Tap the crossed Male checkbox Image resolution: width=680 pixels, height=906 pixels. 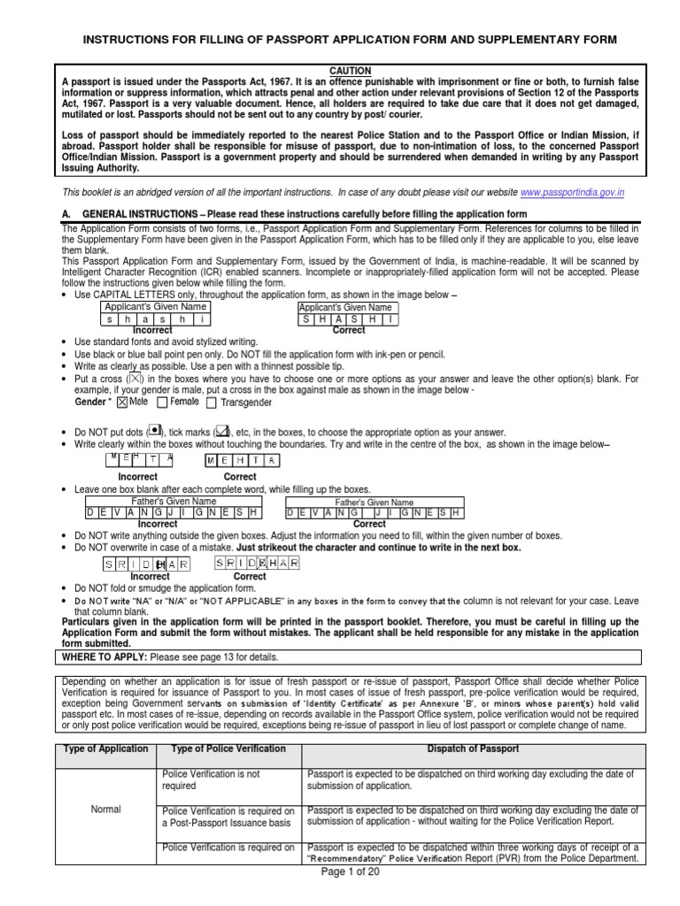(x=122, y=402)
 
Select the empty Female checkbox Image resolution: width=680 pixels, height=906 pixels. (x=162, y=402)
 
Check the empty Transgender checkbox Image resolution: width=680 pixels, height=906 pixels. (x=211, y=403)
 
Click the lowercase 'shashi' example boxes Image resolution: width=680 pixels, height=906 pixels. (x=155, y=319)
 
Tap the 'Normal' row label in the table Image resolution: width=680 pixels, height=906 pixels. (x=106, y=809)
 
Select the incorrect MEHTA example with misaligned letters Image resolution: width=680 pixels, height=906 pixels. (x=139, y=460)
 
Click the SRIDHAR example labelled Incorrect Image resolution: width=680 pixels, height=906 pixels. (x=149, y=563)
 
